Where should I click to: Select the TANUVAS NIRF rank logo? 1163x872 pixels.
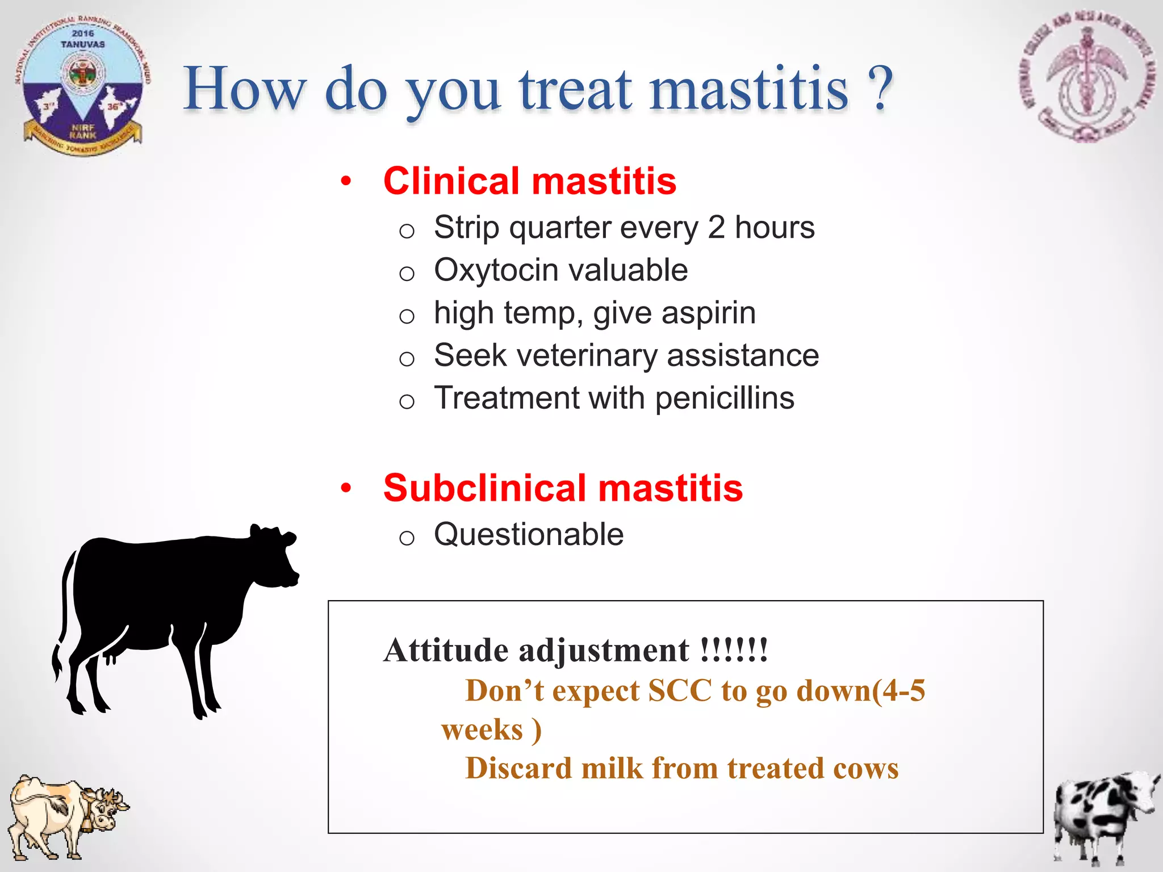pyautogui.click(x=83, y=85)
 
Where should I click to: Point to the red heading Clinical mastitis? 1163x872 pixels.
pyautogui.click(x=529, y=181)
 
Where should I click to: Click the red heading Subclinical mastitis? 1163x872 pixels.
pyautogui.click(x=562, y=488)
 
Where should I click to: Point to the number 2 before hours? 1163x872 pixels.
pyautogui.click(x=716, y=228)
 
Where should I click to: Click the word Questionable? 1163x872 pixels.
pyautogui.click(x=528, y=534)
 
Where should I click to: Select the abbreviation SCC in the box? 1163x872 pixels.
pyautogui.click(x=680, y=691)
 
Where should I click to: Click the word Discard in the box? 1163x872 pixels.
pyautogui.click(x=518, y=769)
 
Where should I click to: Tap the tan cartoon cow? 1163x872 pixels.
pyautogui.click(x=65, y=815)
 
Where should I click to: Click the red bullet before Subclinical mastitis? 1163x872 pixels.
pyautogui.click(x=346, y=488)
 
